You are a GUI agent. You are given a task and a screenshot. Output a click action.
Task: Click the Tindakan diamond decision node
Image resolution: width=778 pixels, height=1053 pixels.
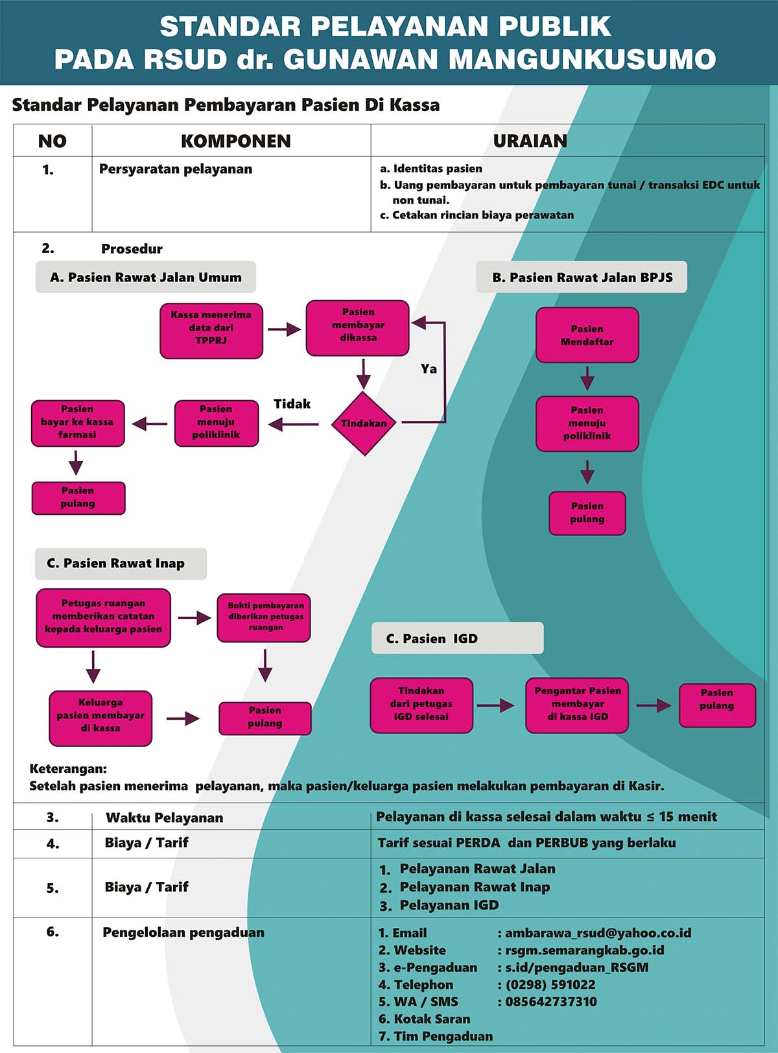[364, 423]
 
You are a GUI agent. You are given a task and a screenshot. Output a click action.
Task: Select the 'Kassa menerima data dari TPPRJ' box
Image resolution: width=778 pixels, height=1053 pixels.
[211, 331]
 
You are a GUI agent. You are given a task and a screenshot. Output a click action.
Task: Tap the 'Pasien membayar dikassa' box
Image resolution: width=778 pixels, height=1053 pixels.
[357, 327]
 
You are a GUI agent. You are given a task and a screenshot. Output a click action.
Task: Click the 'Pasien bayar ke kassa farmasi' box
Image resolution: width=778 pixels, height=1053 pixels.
[78, 423]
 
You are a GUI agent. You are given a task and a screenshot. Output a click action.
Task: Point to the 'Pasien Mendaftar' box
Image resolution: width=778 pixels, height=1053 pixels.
[587, 335]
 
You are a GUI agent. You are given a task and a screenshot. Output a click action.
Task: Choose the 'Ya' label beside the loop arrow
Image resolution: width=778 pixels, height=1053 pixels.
[429, 369]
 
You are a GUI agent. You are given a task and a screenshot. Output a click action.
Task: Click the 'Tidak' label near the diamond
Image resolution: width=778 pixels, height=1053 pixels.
[292, 403]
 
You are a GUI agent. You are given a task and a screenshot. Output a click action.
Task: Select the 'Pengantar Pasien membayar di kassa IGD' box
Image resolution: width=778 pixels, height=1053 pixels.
[577, 705]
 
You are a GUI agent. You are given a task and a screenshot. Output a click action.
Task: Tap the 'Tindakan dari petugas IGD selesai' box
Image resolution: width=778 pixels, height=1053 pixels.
[421, 705]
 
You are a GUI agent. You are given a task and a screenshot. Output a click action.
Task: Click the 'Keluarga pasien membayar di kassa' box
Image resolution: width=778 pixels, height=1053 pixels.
[100, 718]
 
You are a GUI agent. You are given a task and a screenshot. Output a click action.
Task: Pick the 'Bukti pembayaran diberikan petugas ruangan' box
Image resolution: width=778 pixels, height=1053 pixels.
[264, 617]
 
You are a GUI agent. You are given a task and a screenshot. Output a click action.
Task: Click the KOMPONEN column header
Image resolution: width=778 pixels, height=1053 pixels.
[236, 141]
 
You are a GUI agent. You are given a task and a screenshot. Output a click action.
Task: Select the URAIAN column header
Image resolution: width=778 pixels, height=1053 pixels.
[530, 141]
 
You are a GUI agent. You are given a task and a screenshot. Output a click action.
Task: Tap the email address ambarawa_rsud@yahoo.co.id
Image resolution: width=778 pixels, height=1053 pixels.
[598, 932]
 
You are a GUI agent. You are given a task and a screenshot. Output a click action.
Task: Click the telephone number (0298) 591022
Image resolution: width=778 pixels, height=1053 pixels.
[550, 984]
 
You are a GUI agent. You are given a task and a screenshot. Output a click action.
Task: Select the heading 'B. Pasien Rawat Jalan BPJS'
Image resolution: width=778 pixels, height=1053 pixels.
[582, 278]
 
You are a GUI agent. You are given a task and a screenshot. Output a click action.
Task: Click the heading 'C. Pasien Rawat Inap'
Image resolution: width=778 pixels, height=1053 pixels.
[116, 563]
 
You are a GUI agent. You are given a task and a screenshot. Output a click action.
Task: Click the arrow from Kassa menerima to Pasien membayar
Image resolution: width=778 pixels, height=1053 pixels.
[285, 329]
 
